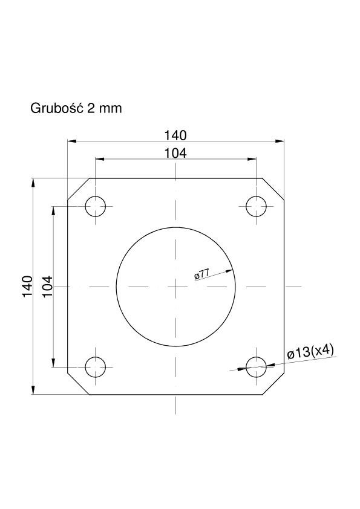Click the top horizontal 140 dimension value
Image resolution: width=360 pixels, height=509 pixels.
[175, 135]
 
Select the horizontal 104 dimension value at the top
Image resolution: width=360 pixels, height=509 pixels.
[175, 153]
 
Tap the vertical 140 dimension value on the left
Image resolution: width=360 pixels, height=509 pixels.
[27, 286]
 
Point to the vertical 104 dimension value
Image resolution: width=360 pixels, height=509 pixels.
[47, 286]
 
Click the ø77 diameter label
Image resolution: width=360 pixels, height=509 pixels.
[201, 274]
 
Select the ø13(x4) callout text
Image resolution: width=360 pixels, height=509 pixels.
[310, 352]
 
